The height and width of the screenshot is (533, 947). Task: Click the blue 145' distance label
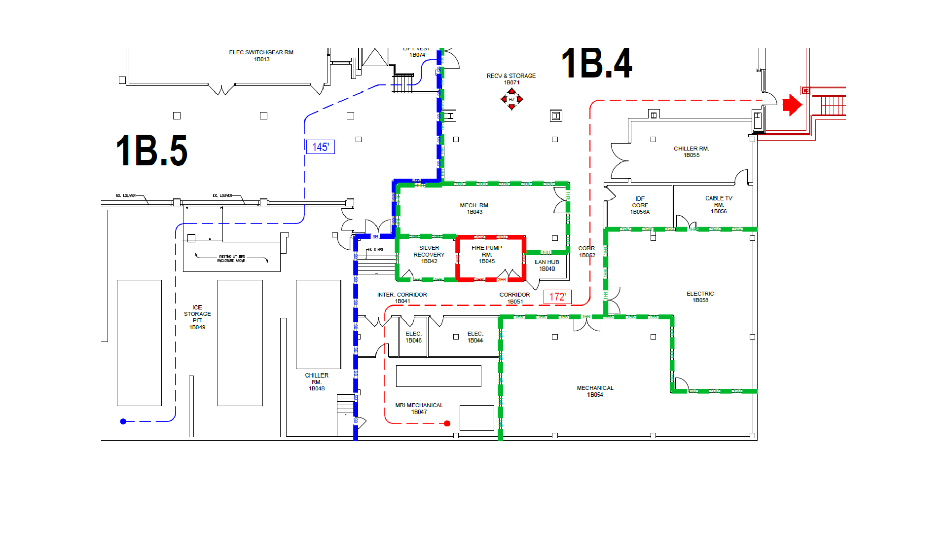pos(321,147)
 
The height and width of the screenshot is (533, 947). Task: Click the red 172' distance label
pos(557,297)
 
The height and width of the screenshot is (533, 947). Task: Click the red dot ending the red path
pos(447,423)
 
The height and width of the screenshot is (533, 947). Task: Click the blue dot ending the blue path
pos(123,421)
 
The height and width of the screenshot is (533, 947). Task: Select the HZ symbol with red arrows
pos(511,99)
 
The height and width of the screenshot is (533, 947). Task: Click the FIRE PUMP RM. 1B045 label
pos(487,255)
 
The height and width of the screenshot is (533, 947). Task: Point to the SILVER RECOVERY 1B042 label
pos(429,255)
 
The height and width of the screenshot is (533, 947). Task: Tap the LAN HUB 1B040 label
pos(547,266)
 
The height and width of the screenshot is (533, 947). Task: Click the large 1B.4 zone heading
pos(596,64)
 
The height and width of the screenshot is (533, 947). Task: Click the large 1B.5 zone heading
pos(151,151)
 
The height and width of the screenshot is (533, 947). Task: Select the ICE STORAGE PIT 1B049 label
pos(197,317)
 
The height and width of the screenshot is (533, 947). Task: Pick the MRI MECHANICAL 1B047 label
pos(419,409)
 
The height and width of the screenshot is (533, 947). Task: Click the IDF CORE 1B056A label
pos(640,205)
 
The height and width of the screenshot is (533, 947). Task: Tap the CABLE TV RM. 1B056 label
pos(719,205)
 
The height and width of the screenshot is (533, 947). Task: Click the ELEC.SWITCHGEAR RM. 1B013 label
pos(262,56)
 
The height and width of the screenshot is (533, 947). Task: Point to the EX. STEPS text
pos(375,250)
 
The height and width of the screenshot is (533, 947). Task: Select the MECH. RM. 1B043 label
pos(474,208)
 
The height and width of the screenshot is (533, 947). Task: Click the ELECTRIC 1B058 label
pos(700,297)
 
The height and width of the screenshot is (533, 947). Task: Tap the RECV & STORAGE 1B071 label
pos(511,79)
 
